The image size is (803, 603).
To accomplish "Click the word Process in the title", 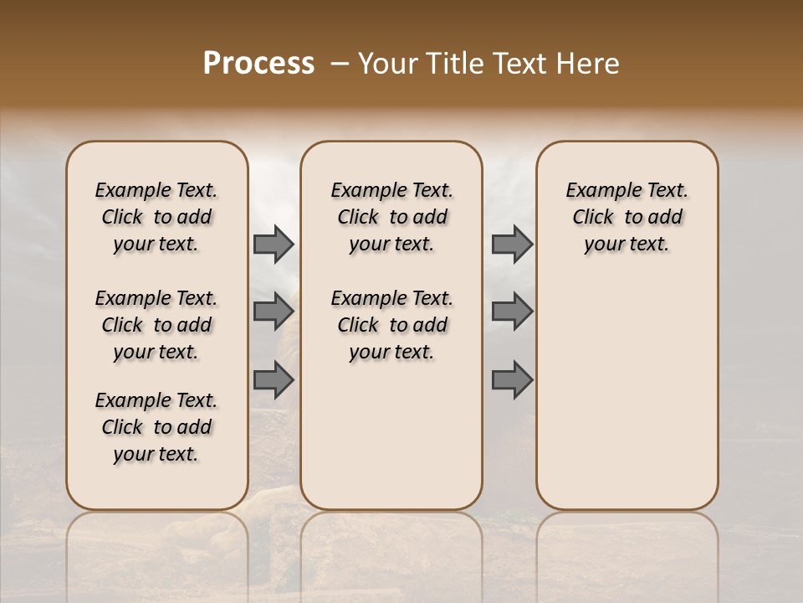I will click(258, 64).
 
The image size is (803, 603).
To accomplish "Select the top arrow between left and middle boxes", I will click(274, 245).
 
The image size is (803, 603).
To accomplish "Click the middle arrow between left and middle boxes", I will click(274, 312).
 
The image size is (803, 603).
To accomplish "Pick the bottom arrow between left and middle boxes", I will click(274, 380).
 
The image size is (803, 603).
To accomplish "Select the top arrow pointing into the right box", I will click(512, 245).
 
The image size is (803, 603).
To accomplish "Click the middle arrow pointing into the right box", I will click(512, 312).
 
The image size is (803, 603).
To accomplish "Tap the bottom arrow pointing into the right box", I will click(512, 380).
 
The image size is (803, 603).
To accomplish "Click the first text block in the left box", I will click(156, 217).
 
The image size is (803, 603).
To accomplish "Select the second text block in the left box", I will click(156, 325).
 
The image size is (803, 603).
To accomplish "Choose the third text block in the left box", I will click(156, 427).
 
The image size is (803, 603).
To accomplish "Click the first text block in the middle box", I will click(391, 217).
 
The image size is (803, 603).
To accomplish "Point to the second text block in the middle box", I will click(391, 325).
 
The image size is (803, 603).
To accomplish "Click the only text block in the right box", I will click(627, 217).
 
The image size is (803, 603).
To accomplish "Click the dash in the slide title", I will click(340, 64).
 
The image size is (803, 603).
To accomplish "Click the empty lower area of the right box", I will click(627, 402).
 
